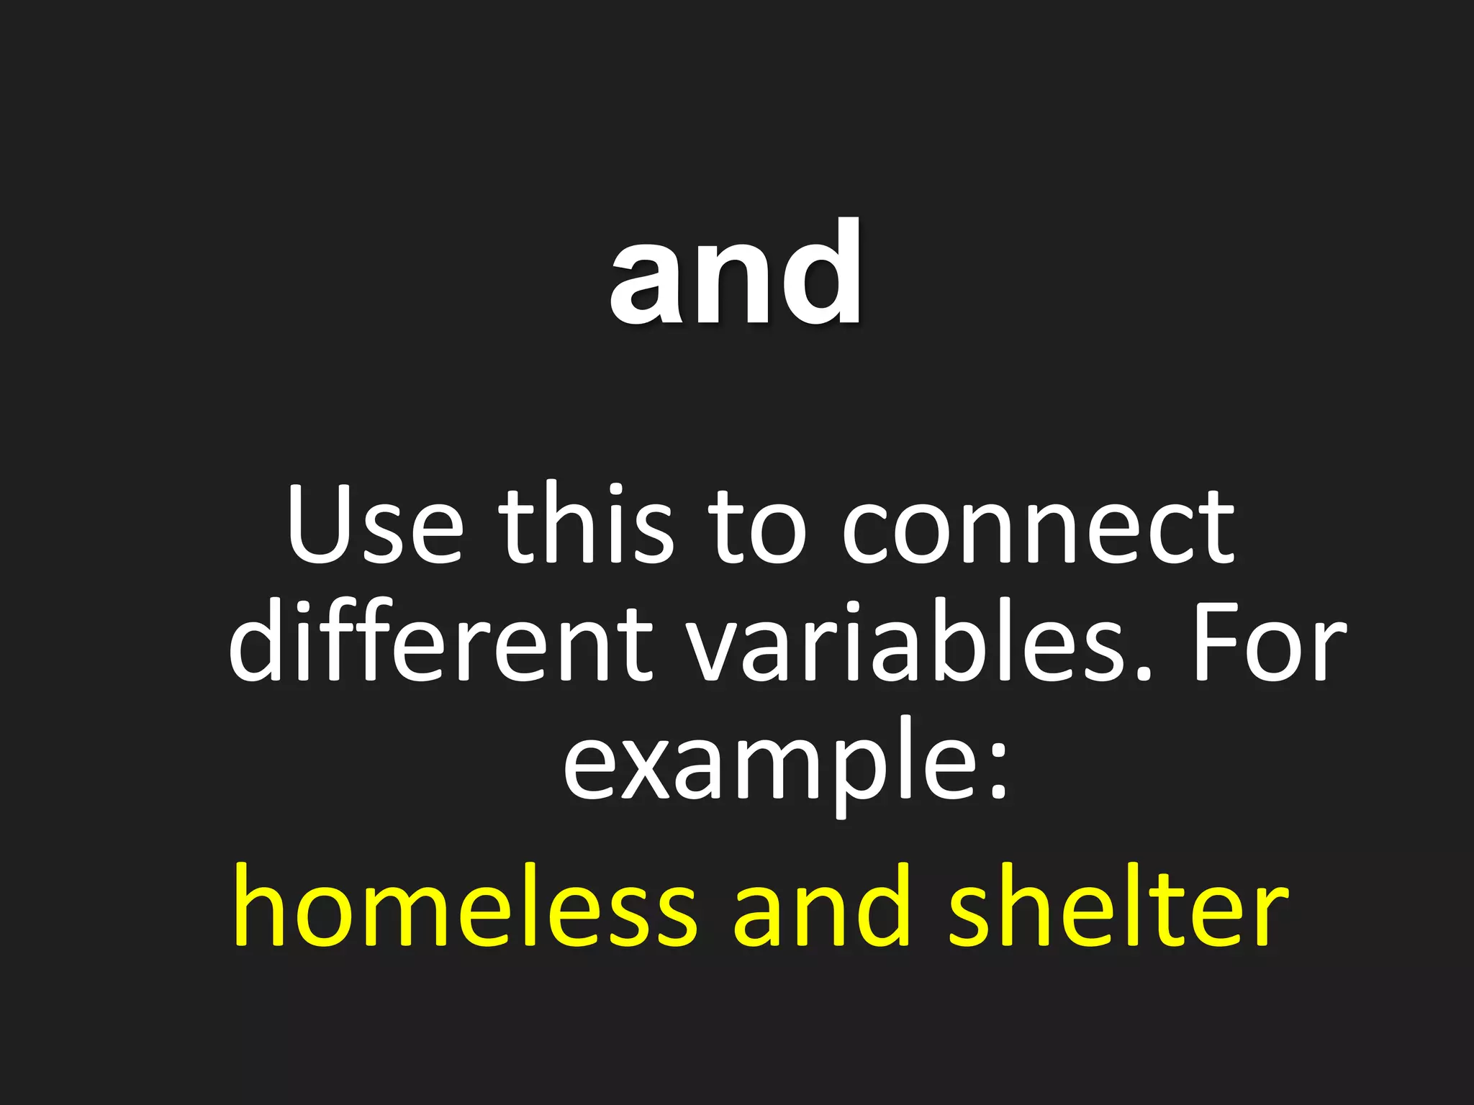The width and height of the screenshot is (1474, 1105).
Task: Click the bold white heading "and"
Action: pyautogui.click(x=736, y=273)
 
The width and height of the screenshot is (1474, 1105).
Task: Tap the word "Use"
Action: pyautogui.click(x=375, y=524)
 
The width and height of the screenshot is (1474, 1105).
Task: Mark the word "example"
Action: pyautogui.click(x=770, y=763)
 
